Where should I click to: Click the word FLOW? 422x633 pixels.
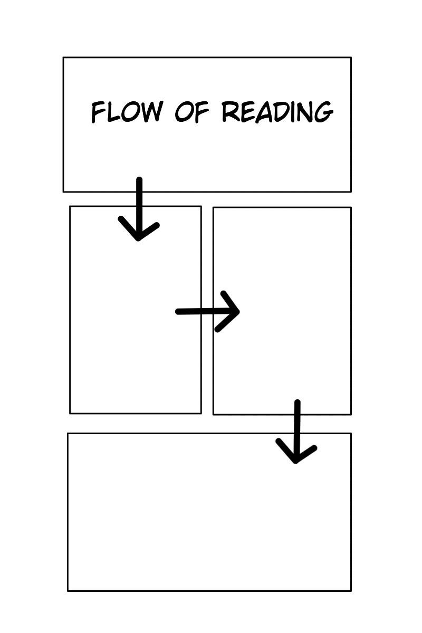click(x=127, y=112)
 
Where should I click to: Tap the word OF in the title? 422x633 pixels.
click(x=192, y=112)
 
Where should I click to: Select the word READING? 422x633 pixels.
click(x=277, y=112)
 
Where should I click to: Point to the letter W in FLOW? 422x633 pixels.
click(x=151, y=112)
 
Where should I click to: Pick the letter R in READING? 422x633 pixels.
click(x=231, y=112)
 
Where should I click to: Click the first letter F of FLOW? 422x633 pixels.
click(x=99, y=112)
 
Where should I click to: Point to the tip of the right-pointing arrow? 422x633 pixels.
click(x=239, y=311)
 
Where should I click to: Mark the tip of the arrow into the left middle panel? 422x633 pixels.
click(x=138, y=239)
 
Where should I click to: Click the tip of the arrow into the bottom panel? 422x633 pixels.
click(x=296, y=462)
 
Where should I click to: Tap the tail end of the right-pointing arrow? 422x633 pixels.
click(x=178, y=312)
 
